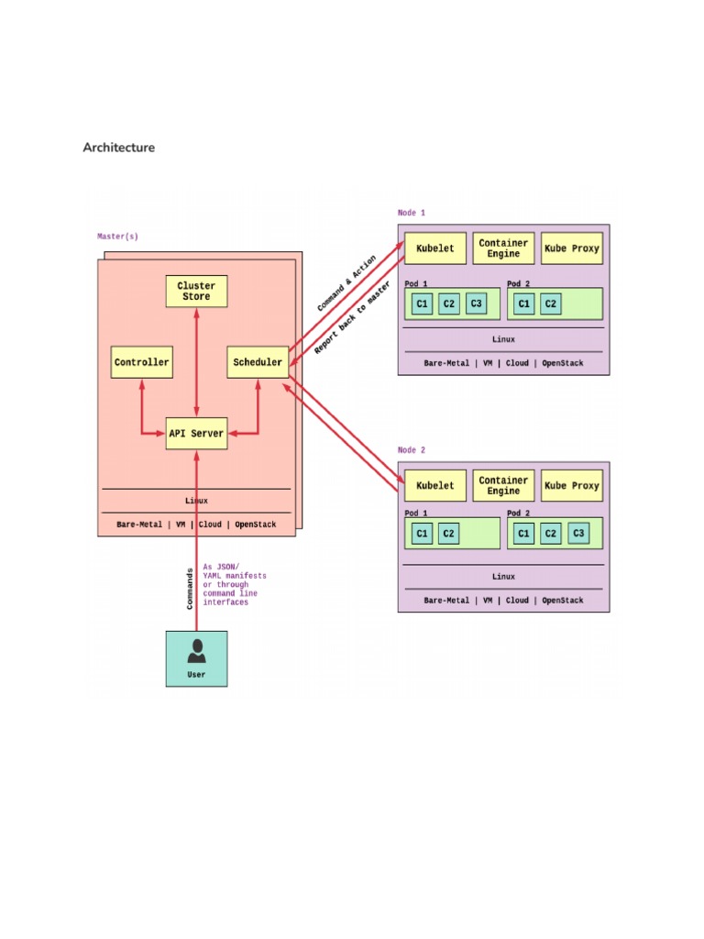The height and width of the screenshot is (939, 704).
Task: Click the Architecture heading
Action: point(119,148)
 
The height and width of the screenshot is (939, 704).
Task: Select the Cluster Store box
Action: point(196,292)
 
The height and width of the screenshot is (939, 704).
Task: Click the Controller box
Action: point(141,362)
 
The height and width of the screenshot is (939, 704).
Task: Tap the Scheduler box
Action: point(258,362)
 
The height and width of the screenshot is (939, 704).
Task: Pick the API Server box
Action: point(196,433)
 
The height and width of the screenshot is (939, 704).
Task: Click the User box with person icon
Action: point(196,657)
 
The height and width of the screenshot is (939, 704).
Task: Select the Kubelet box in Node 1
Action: point(435,249)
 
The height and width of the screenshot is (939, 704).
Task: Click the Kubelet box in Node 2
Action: point(435,486)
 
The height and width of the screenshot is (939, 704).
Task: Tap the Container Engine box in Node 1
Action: point(503,249)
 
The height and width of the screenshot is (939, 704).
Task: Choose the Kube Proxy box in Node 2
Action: point(572,486)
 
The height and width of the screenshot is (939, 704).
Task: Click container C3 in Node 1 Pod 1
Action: point(476,304)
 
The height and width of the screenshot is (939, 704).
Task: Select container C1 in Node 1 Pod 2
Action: point(523,304)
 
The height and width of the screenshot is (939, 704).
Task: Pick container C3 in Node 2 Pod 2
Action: point(578,534)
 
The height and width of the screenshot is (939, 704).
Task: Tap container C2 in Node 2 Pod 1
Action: point(448,534)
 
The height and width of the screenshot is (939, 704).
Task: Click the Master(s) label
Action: point(118,237)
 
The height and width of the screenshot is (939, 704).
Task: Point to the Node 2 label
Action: point(412,450)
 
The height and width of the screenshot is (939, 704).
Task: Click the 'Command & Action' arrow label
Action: point(346,283)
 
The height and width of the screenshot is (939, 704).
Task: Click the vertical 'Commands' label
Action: point(191,588)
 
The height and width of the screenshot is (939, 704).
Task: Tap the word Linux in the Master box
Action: point(196,501)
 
